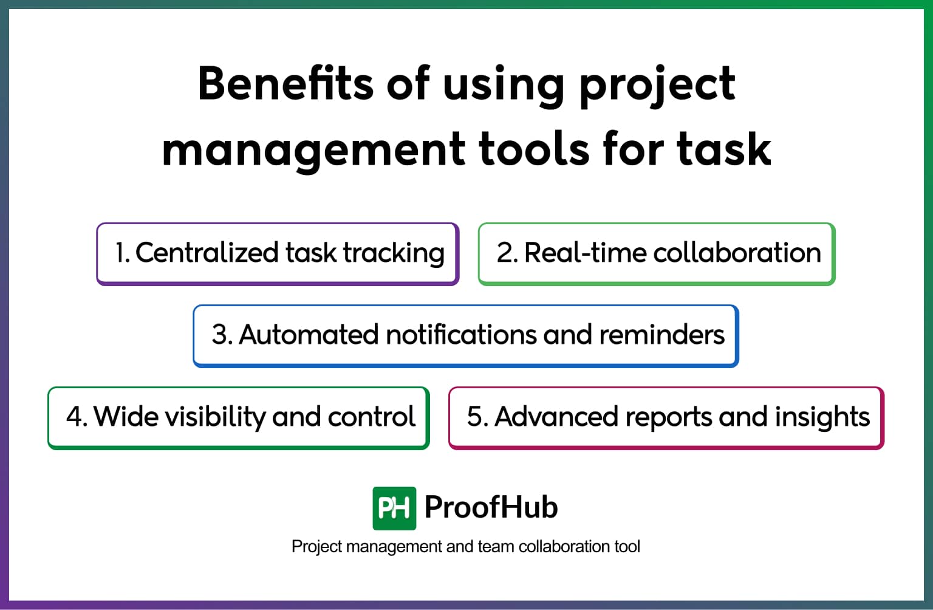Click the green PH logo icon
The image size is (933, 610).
point(394,508)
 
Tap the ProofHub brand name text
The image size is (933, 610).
point(491,507)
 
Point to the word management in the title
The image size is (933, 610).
point(313,149)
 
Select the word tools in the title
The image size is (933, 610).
point(534,149)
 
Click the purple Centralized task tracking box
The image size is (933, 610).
point(278,254)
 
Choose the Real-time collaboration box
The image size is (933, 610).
point(657,254)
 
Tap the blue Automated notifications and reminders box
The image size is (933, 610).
point(466,336)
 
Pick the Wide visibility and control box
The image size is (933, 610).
point(239,418)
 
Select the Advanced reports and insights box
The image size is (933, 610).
point(666,418)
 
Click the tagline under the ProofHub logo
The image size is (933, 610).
point(466,547)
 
